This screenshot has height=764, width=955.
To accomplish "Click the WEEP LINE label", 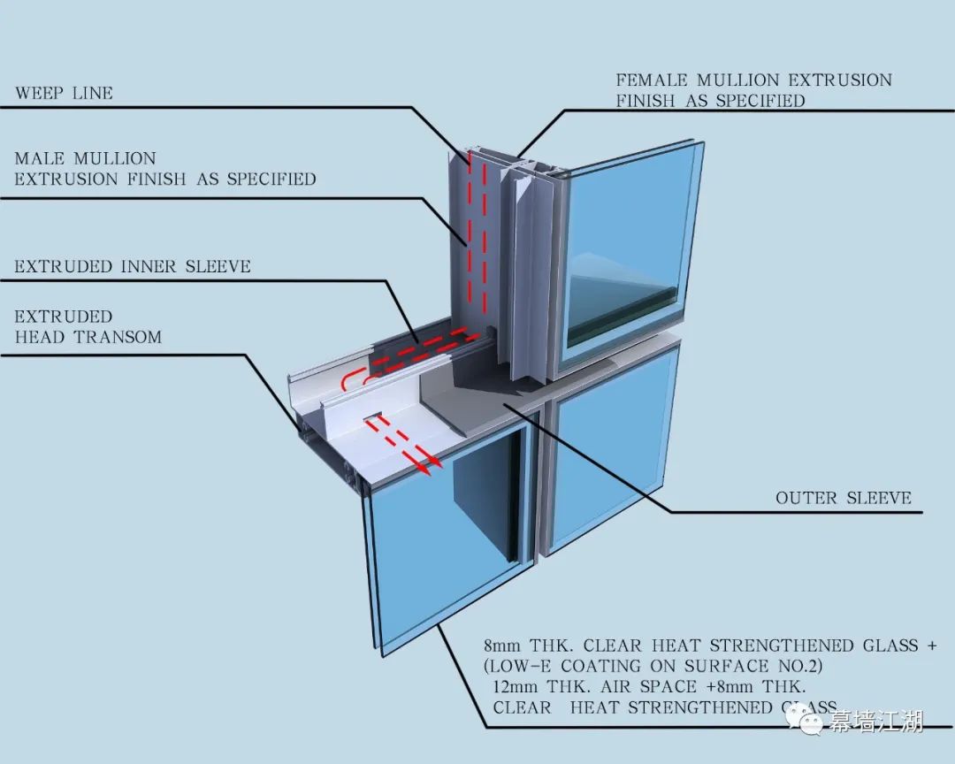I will [x=64, y=93].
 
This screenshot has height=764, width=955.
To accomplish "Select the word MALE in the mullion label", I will [x=40, y=159].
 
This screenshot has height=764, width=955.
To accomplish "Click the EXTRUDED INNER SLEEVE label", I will [x=133, y=266].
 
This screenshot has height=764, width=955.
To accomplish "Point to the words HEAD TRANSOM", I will [x=88, y=337].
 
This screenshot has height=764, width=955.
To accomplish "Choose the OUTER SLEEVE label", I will [x=843, y=498].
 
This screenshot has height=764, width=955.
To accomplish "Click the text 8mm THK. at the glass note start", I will [x=529, y=646].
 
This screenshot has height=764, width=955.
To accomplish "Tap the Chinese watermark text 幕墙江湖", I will [x=875, y=722].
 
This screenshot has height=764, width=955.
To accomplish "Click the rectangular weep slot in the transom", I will [x=372, y=415].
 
